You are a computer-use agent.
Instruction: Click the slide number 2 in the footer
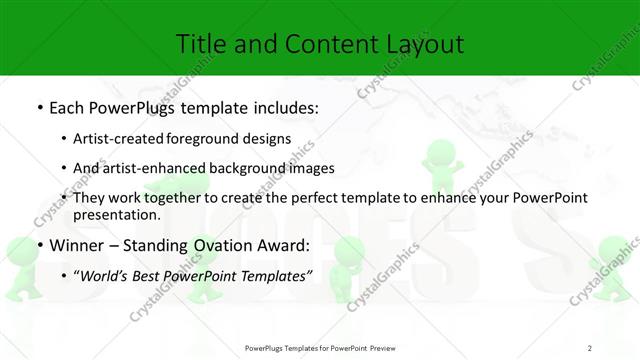tap(590, 347)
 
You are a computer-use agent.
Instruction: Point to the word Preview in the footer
tap(379, 347)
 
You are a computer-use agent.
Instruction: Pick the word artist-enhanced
tap(166, 168)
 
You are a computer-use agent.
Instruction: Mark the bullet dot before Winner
tap(39, 245)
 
